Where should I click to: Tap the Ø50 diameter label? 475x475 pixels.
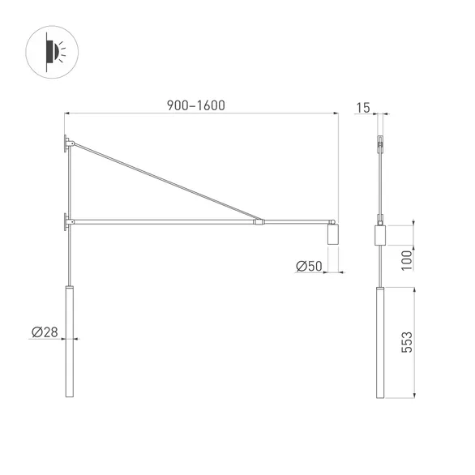pos(309,265)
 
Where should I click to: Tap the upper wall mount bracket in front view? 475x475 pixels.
pos(66,144)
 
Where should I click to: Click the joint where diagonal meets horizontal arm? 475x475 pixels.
pos(259,220)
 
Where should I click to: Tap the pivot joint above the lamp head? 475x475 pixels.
pos(333,221)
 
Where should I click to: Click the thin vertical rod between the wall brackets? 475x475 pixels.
pos(70,182)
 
